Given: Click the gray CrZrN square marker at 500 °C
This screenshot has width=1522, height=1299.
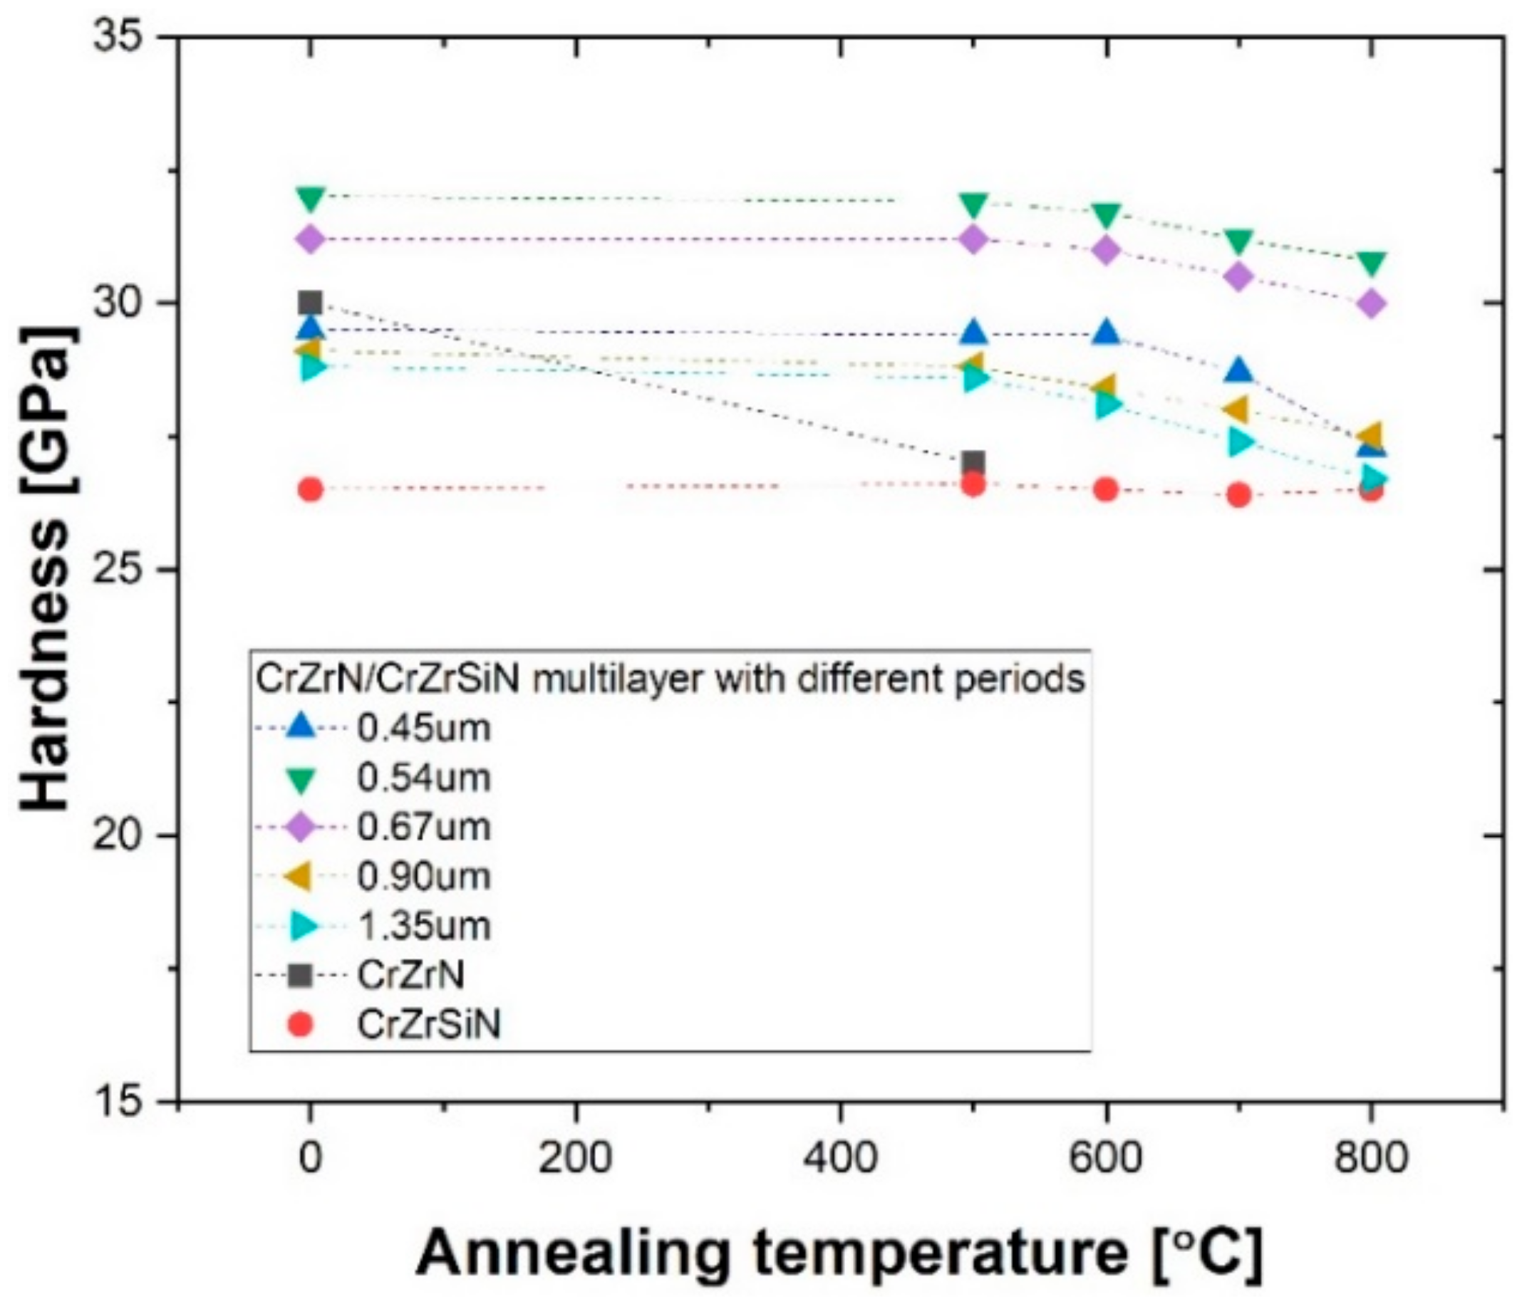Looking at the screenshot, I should (x=973, y=463).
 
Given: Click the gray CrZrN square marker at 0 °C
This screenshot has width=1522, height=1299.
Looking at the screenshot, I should (x=310, y=302).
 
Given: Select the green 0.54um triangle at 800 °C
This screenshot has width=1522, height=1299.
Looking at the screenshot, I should (x=1370, y=262).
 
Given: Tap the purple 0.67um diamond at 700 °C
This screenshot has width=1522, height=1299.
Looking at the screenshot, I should (x=1238, y=277).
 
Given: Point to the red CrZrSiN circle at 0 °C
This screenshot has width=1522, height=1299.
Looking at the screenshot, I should (x=310, y=489).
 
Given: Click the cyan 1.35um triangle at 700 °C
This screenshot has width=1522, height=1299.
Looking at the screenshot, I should (x=1240, y=442).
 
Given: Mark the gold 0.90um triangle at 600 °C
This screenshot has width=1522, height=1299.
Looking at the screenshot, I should (x=1104, y=385).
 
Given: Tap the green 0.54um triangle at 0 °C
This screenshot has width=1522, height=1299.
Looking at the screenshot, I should (x=310, y=197).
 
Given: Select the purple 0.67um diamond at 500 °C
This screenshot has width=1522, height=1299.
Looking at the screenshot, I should (x=973, y=239).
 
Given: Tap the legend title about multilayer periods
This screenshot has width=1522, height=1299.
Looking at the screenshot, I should (x=668, y=679).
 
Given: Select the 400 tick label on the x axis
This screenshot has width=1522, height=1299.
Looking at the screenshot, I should (x=839, y=1159).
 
